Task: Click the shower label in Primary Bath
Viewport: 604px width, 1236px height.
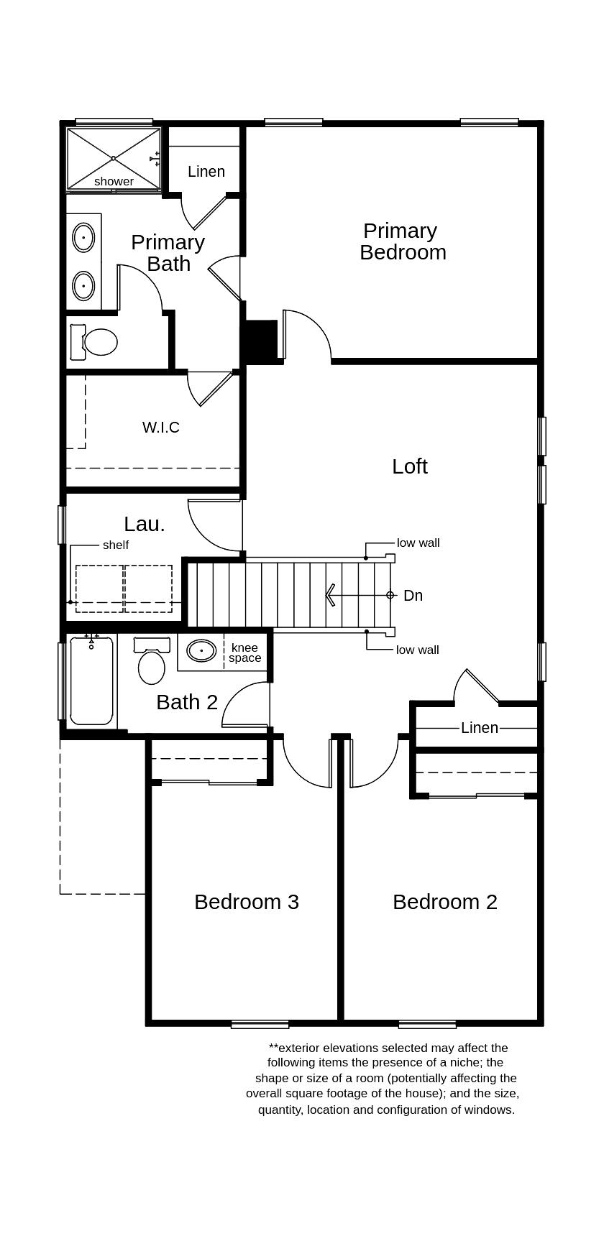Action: (x=114, y=182)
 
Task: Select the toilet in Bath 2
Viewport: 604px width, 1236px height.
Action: (x=151, y=664)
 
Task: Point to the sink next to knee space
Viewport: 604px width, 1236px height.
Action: (x=201, y=651)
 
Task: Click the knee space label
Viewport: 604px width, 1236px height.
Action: (x=244, y=653)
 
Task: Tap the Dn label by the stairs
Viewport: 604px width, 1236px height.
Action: (x=413, y=596)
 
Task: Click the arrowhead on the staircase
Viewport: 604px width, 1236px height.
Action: (x=331, y=595)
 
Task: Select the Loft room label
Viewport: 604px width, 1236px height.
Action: (x=410, y=466)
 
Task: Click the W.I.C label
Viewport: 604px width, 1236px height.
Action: (x=161, y=428)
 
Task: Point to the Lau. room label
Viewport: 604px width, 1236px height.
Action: (x=145, y=525)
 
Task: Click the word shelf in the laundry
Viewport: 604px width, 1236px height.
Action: (x=116, y=545)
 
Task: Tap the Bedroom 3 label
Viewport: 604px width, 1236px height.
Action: (x=247, y=902)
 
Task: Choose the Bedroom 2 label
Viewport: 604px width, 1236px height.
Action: (x=445, y=902)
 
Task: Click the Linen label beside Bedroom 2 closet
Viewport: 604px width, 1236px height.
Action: (x=480, y=728)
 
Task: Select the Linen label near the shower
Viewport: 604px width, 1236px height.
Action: (x=206, y=172)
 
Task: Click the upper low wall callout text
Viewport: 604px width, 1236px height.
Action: (x=418, y=543)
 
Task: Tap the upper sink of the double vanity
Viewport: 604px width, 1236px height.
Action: (x=84, y=237)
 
